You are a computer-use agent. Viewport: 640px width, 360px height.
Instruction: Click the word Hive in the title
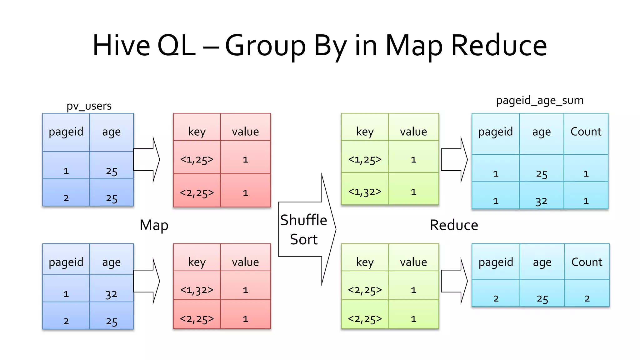point(121,46)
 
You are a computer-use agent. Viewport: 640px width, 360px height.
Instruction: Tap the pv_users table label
point(89,106)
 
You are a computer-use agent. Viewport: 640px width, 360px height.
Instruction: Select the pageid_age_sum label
point(540,101)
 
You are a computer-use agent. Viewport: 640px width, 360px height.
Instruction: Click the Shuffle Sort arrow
point(305,230)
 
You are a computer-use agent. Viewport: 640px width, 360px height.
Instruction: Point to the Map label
point(154,225)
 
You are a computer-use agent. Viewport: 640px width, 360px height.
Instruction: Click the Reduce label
point(454,225)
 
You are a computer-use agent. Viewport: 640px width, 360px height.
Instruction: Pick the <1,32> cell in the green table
point(365,192)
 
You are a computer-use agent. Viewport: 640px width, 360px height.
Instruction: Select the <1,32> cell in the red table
point(197,290)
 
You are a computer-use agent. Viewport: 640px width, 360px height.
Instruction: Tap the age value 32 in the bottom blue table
point(111,294)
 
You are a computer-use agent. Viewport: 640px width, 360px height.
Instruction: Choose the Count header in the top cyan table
point(586,132)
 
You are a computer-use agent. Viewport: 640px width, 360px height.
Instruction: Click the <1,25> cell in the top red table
point(197,160)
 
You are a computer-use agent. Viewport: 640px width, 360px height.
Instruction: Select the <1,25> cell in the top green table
point(365,160)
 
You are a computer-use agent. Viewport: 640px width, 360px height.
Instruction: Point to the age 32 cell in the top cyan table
point(541,201)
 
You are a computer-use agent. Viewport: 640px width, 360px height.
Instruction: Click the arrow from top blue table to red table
point(146,159)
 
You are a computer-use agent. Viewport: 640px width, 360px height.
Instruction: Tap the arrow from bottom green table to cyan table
point(454,281)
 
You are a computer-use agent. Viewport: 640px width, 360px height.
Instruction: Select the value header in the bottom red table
point(245,262)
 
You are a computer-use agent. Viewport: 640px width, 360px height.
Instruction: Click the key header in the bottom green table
point(365,262)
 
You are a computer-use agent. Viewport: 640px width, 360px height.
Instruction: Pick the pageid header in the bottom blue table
point(66,262)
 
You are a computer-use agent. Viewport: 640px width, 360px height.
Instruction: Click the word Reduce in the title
point(499,46)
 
